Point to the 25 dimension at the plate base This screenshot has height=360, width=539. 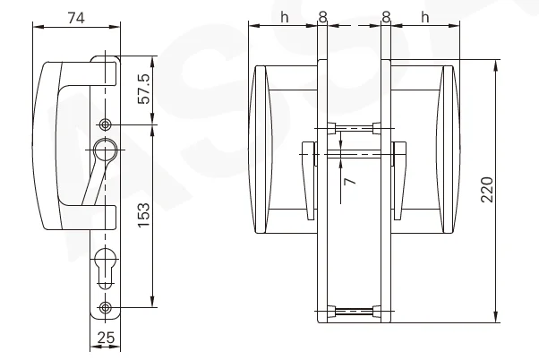105,338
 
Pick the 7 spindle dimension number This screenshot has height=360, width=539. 350,182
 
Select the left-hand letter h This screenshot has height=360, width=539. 285,16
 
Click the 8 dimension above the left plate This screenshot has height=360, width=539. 323,16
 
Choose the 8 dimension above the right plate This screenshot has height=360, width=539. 385,16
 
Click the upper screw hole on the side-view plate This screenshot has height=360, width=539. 107,124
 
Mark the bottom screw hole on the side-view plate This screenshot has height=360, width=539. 107,309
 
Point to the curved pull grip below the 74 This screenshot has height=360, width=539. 45,143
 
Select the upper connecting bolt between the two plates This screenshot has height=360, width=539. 354,126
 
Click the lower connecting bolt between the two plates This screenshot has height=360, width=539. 354,313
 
